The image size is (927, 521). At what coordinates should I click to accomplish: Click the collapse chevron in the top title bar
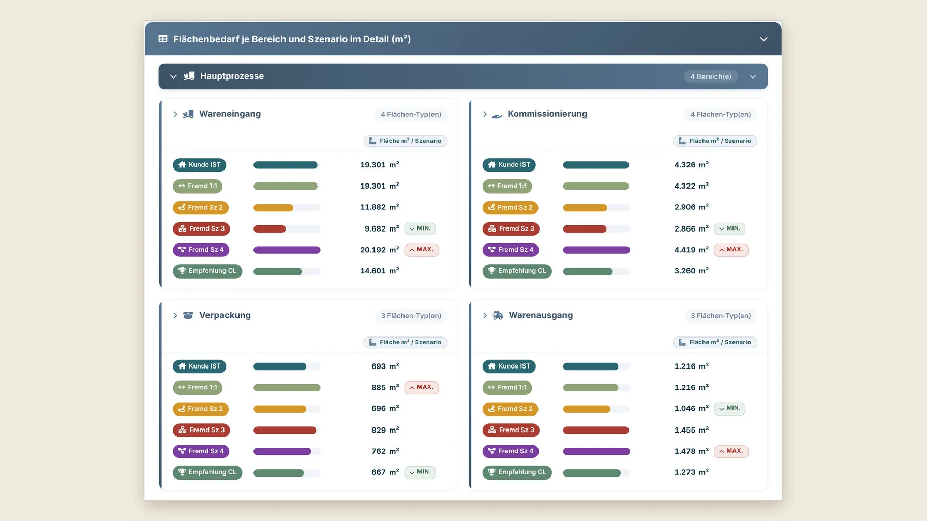(x=764, y=39)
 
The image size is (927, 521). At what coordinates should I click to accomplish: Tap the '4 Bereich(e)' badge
(x=711, y=76)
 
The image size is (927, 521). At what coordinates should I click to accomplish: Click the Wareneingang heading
(x=230, y=114)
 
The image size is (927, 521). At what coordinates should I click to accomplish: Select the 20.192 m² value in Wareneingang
(x=380, y=250)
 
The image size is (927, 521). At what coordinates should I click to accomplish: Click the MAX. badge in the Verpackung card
(x=422, y=387)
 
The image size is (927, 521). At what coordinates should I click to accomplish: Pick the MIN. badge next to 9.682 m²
(x=420, y=228)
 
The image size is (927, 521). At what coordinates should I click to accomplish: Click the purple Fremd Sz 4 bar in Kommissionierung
(x=596, y=250)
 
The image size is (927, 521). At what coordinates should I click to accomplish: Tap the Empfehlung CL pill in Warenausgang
(x=517, y=472)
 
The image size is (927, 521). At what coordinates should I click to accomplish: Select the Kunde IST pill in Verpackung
(x=199, y=366)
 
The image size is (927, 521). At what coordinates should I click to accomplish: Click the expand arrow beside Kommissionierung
(x=485, y=114)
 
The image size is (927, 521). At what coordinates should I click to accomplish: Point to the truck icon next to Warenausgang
(x=498, y=316)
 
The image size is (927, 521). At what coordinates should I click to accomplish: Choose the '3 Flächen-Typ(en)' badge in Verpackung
(x=411, y=316)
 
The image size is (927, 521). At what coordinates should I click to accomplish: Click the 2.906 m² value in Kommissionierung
(x=692, y=207)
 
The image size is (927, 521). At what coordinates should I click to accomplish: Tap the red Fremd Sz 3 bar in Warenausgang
(x=596, y=431)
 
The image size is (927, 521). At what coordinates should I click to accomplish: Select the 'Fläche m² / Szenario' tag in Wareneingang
(x=406, y=141)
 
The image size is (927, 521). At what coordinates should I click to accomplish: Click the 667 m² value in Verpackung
(x=385, y=472)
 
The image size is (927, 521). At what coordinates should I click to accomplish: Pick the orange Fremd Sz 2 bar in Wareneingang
(x=273, y=208)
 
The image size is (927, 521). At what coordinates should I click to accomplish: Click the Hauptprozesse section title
(x=232, y=76)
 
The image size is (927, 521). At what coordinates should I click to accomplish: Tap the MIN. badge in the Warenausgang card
(x=729, y=408)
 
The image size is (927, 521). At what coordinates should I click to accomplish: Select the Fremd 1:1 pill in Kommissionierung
(x=507, y=186)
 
